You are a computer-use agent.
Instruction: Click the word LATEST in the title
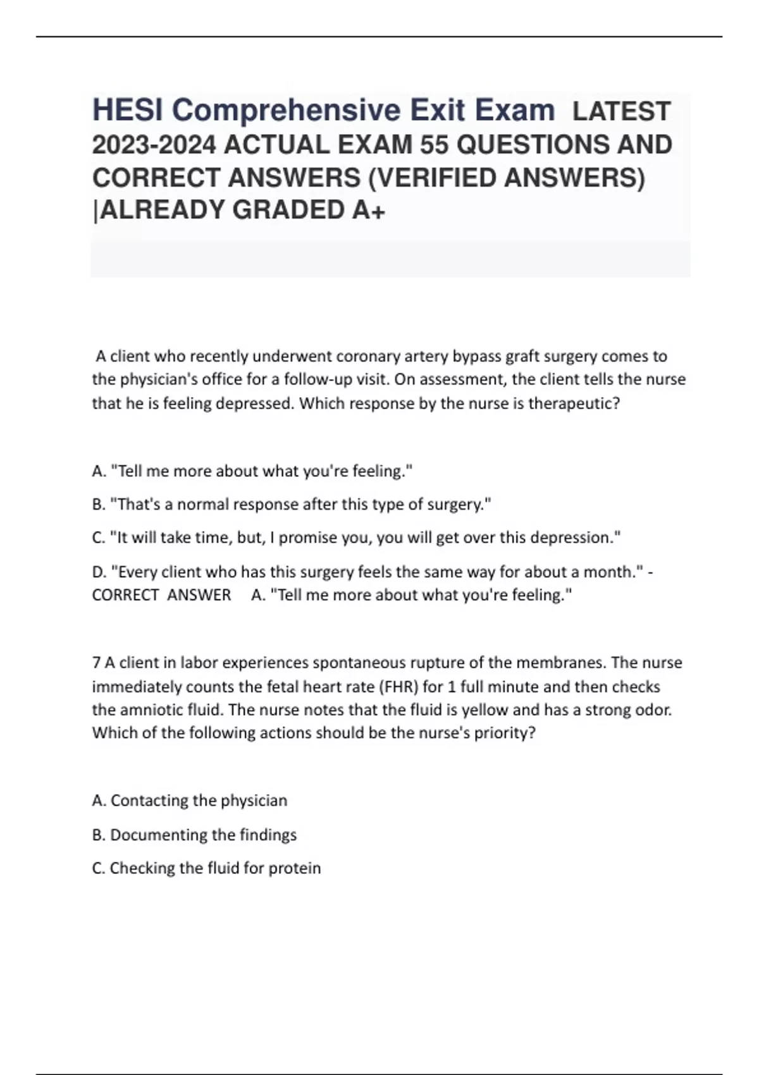coord(621,111)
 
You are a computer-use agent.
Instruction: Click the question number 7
coord(96,663)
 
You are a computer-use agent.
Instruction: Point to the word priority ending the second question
coord(509,734)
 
